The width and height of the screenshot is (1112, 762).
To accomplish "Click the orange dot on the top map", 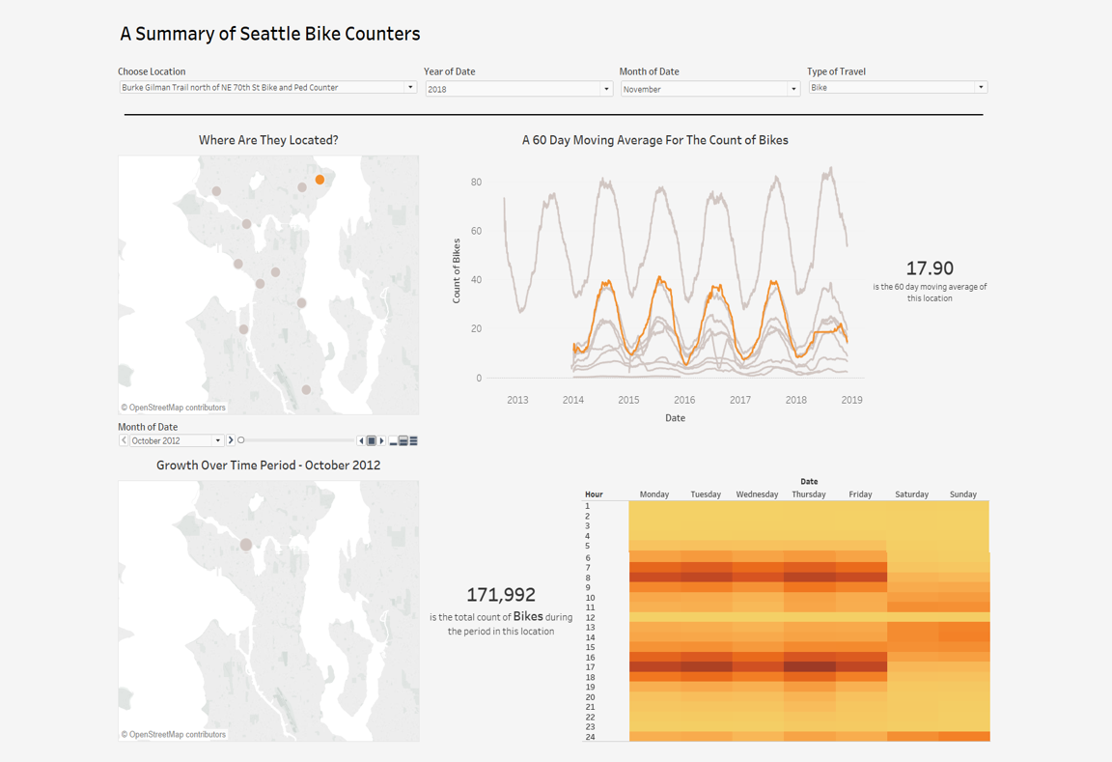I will [320, 180].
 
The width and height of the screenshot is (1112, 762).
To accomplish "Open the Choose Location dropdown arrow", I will [410, 87].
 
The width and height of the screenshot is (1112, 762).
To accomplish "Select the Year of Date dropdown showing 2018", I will [518, 89].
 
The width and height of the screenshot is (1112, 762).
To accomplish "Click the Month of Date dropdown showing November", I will [709, 89].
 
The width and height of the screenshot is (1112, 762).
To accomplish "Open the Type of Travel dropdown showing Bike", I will [897, 88].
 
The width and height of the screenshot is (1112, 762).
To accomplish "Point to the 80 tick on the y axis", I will [476, 182].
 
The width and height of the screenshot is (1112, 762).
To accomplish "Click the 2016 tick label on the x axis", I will [684, 400].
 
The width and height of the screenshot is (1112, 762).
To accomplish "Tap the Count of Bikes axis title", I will [457, 271].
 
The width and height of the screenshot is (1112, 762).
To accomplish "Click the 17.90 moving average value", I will [930, 268].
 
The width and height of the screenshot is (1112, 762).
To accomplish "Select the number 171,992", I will [500, 595].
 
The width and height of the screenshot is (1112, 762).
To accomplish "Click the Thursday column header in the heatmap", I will [809, 494].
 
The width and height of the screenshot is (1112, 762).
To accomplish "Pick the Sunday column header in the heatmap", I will [962, 494].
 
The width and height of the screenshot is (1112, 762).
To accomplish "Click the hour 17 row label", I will [590, 667].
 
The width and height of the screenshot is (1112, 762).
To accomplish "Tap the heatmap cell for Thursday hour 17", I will [809, 666].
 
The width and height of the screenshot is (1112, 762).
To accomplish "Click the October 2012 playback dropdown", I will [177, 440].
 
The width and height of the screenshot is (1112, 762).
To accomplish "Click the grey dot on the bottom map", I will [246, 545].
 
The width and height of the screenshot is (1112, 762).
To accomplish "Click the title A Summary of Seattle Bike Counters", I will [270, 34].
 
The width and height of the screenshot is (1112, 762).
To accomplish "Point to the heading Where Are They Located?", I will [268, 140].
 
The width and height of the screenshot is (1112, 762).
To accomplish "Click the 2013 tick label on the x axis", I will [517, 400].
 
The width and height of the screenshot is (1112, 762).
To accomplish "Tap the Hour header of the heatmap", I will [594, 494].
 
